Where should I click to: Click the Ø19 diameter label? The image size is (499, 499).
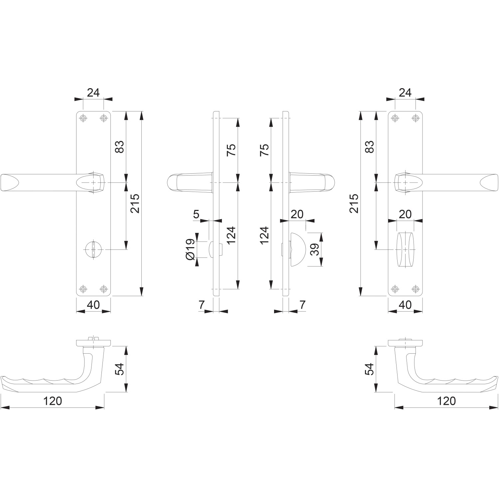190,249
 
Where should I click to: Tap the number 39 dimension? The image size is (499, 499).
315,249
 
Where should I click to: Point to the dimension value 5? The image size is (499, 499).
196,214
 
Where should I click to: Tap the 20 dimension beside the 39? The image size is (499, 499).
297,214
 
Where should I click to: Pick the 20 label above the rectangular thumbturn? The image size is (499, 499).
405,214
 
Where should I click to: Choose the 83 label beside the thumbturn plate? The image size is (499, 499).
370,147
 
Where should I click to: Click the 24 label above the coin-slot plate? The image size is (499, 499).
93,92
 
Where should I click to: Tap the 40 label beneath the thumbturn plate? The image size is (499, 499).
405,304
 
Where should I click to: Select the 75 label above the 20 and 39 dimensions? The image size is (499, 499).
264,150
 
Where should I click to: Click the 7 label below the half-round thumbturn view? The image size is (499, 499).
302,304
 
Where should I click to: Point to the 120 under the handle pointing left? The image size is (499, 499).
53,401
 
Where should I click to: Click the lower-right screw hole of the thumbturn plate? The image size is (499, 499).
415,289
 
